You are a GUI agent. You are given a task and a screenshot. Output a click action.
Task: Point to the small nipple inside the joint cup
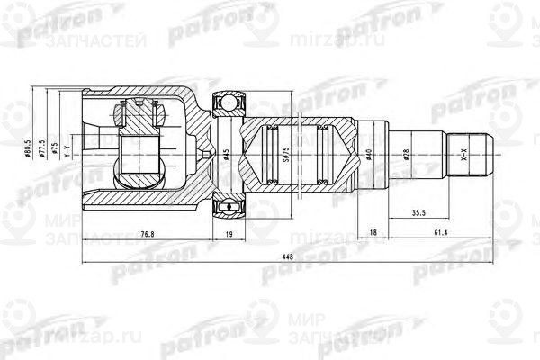coord(209,155)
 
